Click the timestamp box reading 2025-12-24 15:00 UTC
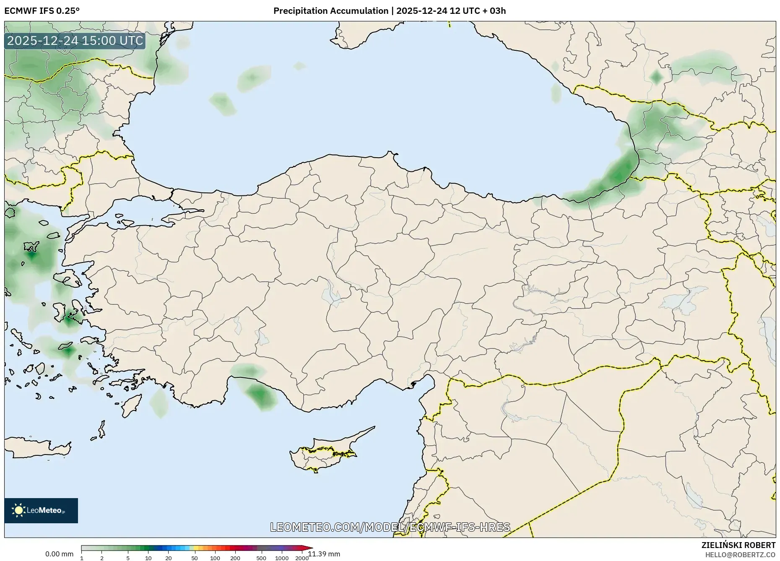click(x=75, y=41)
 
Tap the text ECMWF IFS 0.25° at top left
click(x=42, y=11)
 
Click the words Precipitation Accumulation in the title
click(x=330, y=11)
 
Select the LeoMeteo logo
click(x=41, y=510)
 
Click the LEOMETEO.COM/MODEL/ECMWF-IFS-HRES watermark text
click(x=390, y=527)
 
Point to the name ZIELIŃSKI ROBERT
click(x=738, y=545)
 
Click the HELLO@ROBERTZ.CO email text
click(x=740, y=555)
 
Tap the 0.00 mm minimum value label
click(x=59, y=554)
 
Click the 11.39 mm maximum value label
click(x=324, y=554)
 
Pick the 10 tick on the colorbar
click(x=148, y=558)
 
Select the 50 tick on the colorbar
click(x=195, y=558)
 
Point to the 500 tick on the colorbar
click(x=261, y=558)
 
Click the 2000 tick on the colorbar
click(x=302, y=558)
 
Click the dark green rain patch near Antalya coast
click(x=260, y=394)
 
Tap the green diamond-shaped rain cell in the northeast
click(x=656, y=77)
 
